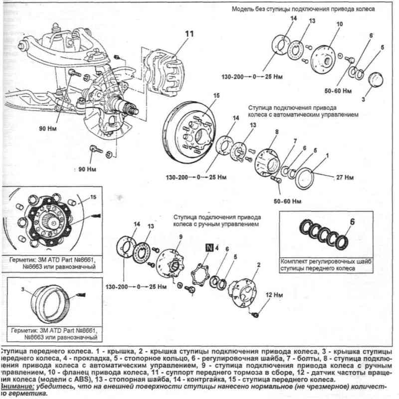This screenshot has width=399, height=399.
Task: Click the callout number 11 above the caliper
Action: (x=189, y=34)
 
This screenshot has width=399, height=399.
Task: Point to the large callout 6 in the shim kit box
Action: (x=352, y=221)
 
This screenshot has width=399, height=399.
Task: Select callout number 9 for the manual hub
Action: (x=181, y=236)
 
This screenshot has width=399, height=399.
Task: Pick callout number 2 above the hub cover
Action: (x=258, y=265)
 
